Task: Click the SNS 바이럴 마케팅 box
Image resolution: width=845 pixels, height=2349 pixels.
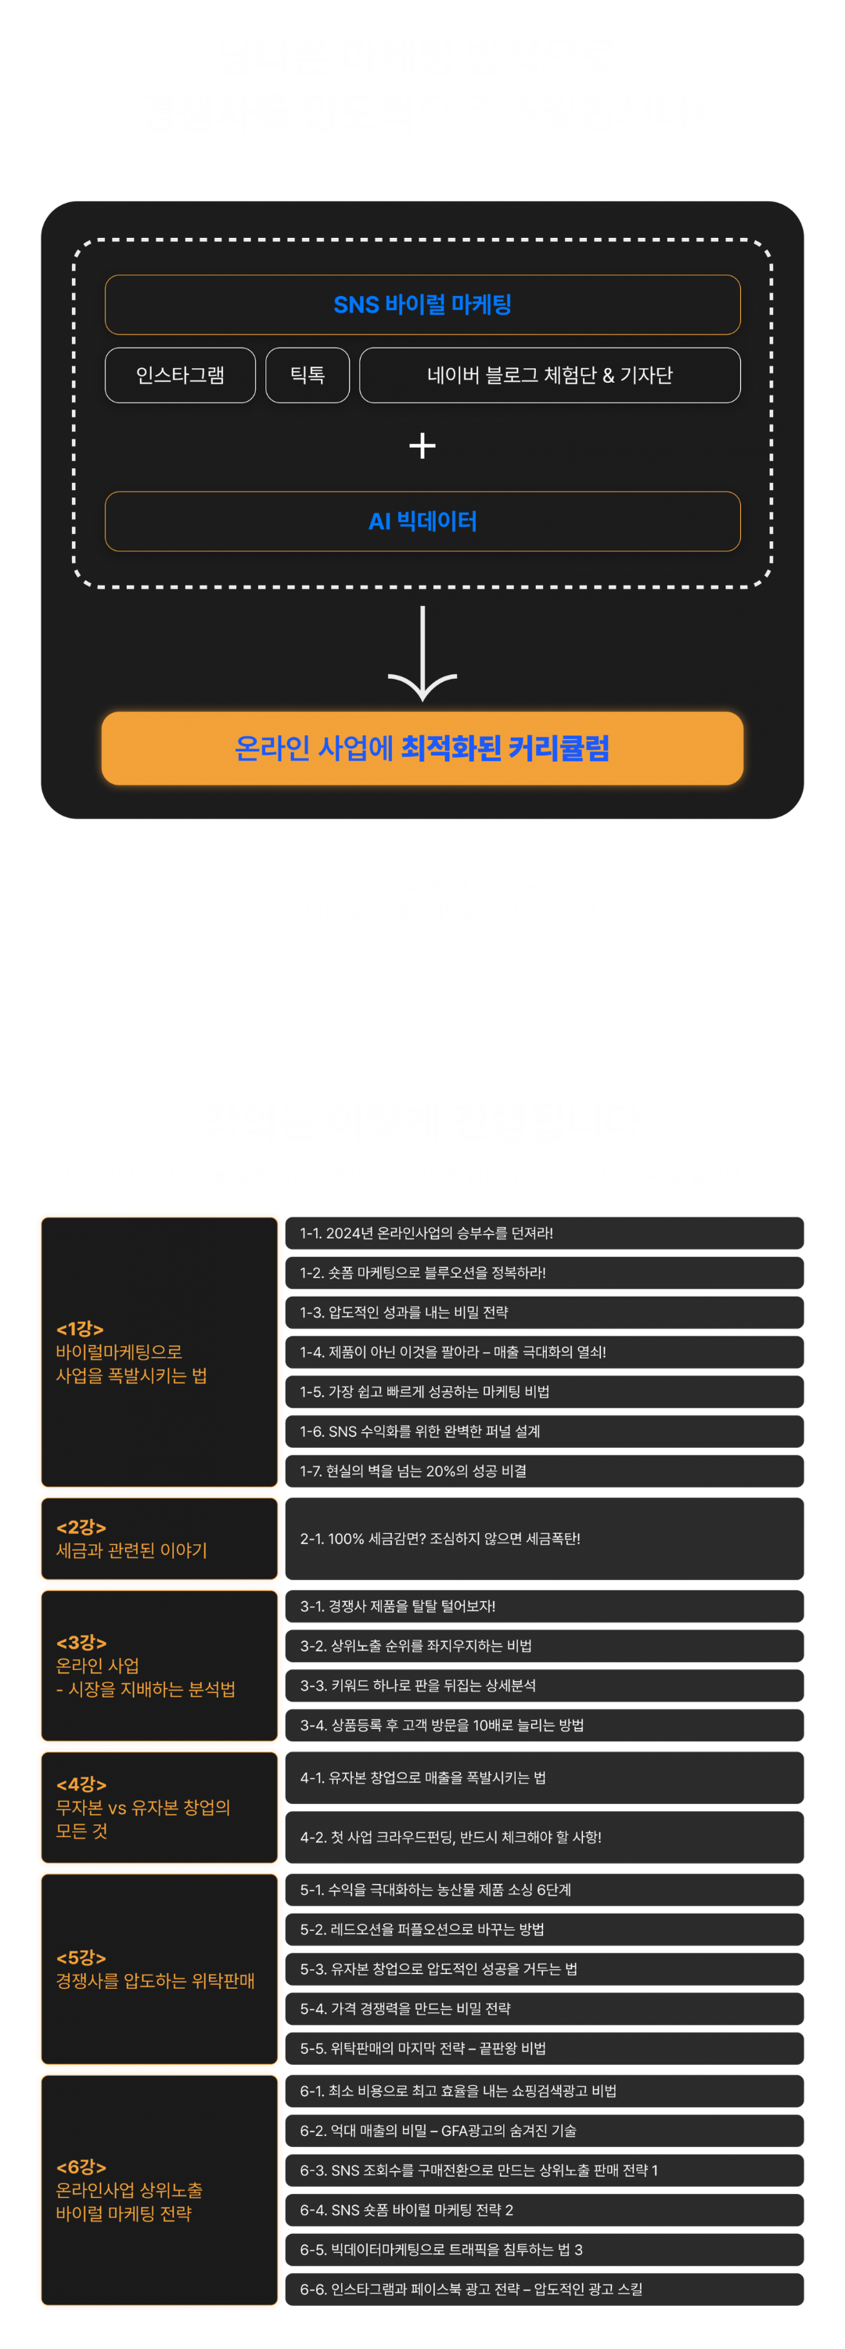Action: coord(422,305)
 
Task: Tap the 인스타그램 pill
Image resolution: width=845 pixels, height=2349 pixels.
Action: coord(181,375)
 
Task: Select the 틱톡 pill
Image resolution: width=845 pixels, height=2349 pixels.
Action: coord(307,375)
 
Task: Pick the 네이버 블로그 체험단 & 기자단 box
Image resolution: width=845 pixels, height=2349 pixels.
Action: coord(550,375)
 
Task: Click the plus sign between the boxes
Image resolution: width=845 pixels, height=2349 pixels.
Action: coord(422,446)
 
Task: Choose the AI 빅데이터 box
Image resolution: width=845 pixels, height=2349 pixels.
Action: coord(422,521)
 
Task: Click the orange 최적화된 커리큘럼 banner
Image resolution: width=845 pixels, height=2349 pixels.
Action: coord(422,749)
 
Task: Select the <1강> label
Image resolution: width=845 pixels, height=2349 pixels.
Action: coord(81,1329)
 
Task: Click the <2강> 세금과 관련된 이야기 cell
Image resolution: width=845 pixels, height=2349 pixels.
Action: coord(159,1539)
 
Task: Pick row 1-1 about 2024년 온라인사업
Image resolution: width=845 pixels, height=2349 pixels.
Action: coord(545,1233)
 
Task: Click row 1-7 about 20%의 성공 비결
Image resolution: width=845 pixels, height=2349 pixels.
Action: coord(545,1470)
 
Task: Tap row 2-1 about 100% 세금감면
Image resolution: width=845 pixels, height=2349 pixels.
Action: coord(545,1539)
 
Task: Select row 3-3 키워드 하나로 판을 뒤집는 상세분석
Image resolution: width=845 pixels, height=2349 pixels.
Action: coord(545,1685)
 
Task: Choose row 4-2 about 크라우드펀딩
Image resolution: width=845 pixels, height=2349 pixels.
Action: coord(545,1836)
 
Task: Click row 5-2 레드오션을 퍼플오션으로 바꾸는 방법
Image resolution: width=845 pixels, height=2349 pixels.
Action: coord(545,1929)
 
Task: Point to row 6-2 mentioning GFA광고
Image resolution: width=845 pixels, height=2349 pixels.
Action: coord(545,2130)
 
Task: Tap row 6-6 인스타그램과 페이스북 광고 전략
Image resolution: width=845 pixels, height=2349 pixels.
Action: coord(545,2289)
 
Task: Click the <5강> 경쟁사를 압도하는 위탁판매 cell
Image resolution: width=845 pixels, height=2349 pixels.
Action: coord(159,1970)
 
